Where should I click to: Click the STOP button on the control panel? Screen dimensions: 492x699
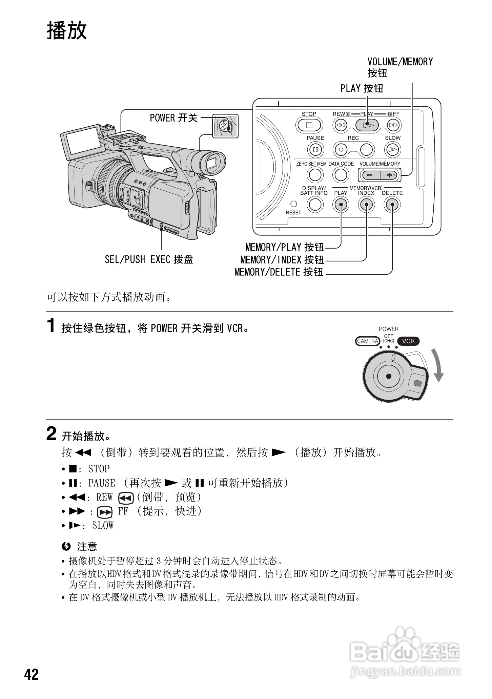click(309, 125)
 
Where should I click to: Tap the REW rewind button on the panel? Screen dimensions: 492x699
click(341, 125)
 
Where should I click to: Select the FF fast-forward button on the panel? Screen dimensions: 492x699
click(393, 125)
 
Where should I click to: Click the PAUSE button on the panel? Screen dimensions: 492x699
click(315, 149)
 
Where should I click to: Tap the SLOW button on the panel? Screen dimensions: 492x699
click(392, 149)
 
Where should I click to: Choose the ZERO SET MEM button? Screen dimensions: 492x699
click(315, 175)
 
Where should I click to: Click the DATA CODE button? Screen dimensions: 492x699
click(341, 175)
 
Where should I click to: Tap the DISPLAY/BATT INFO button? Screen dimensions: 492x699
click(315, 204)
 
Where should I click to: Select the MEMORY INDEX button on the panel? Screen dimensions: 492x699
click(366, 204)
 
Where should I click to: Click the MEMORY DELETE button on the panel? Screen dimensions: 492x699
click(392, 204)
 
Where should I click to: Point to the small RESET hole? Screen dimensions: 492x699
click(294, 204)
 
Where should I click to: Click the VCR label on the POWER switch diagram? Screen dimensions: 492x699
click(408, 341)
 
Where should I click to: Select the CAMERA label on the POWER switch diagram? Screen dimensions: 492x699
click(367, 341)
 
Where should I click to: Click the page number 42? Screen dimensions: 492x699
click(32, 674)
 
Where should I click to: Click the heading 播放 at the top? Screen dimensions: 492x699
click(67, 31)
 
